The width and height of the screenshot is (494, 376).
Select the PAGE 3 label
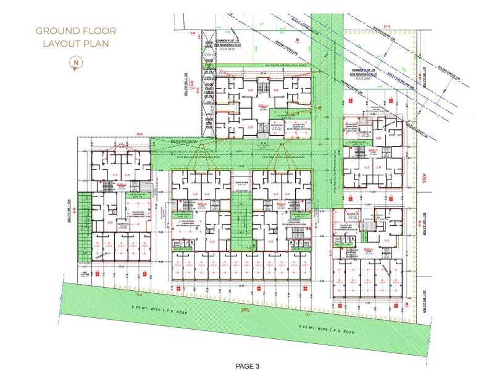(248, 366)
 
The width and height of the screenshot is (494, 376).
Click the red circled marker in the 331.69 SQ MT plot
(298, 41)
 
